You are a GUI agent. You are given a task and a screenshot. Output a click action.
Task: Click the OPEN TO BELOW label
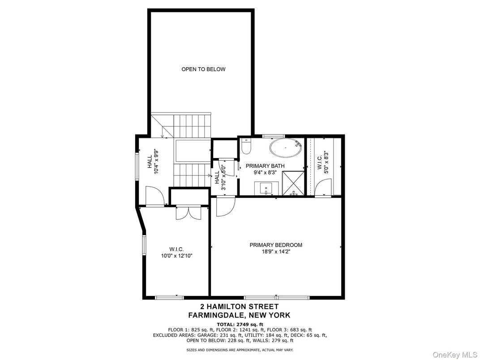coord(203,69)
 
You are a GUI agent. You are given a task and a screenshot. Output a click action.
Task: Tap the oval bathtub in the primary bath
coord(285,148)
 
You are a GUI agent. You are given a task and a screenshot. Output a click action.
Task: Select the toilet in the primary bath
coord(246,146)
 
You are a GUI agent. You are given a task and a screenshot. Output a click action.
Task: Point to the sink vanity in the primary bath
coord(267,188)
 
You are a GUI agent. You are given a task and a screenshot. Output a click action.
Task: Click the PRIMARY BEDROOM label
coord(276,245)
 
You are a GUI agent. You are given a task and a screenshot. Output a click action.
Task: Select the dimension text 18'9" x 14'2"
coord(276,252)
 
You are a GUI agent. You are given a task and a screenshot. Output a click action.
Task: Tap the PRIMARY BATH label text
coord(265,166)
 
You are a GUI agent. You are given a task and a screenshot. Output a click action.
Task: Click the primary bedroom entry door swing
coord(225,207)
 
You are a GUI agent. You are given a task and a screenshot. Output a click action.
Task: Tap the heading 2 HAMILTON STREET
coord(240,307)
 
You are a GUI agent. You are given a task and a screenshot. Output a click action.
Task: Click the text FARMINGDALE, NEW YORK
coord(240,315)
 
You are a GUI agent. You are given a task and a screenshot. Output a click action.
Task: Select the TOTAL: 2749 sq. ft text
coord(240,324)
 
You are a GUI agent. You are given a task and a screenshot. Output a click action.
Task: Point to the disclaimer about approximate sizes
coord(240,349)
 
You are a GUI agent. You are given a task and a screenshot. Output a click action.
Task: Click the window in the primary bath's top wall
coord(273,136)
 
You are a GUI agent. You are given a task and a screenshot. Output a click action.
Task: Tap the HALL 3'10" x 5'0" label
coord(220,178)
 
